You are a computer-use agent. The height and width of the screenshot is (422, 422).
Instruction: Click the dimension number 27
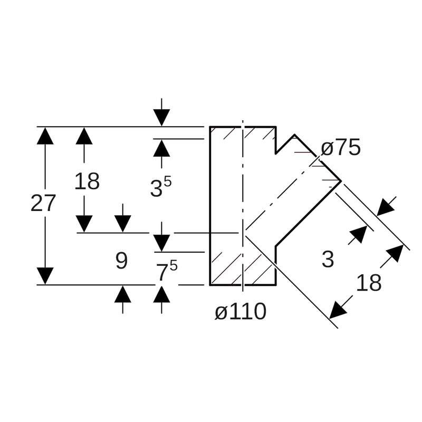click(43, 204)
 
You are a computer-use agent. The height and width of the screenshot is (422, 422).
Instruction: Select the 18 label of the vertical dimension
click(87, 182)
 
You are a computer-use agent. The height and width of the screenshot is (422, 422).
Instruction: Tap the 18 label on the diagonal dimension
click(369, 283)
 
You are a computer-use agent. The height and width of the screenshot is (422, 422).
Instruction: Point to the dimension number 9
click(121, 261)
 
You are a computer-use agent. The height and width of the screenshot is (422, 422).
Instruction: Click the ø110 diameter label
click(240, 312)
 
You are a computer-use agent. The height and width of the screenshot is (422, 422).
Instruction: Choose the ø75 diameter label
click(341, 148)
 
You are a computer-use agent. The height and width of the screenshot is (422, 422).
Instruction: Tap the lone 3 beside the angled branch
click(328, 260)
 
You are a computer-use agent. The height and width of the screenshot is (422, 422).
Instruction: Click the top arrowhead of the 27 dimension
click(45, 136)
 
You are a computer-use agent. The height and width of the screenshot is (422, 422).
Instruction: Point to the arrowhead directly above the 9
click(122, 224)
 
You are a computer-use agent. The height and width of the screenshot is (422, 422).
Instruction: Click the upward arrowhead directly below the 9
click(122, 294)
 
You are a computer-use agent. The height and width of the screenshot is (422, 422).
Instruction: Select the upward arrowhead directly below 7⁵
click(161, 294)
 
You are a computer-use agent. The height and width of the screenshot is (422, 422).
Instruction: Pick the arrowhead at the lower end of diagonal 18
click(338, 311)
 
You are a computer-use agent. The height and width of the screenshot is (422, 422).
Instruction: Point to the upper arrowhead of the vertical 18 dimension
click(84, 136)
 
